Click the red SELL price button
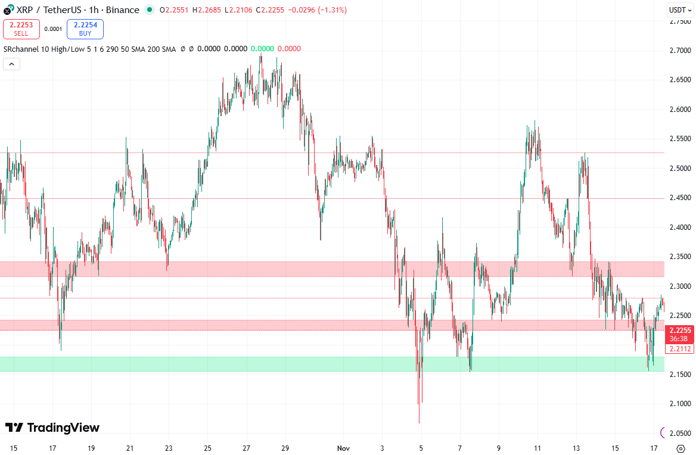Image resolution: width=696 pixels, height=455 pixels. [x=21, y=29]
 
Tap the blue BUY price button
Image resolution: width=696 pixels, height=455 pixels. [x=85, y=29]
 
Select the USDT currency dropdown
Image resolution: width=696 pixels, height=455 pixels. [x=679, y=10]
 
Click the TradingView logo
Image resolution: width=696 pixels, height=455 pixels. [x=52, y=428]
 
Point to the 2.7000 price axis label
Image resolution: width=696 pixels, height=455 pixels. [x=679, y=51]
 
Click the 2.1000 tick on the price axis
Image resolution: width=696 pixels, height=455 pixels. [x=679, y=404]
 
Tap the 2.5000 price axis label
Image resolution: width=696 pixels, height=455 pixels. [x=679, y=169]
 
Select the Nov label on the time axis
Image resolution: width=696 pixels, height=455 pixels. [x=343, y=448]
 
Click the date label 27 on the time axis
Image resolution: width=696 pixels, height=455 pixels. [x=246, y=448]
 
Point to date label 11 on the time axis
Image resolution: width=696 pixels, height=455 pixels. [x=537, y=448]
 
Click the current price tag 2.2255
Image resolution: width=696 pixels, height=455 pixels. [x=680, y=331]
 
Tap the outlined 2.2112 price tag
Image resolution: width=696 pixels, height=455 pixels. [x=680, y=349]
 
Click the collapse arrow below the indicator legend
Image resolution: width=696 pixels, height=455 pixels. [x=11, y=64]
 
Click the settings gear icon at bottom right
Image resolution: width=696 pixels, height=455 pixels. [x=681, y=448]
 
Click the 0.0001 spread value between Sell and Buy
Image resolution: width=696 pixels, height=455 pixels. [x=53, y=29]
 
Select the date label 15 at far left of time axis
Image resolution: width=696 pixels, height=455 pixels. [x=13, y=448]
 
